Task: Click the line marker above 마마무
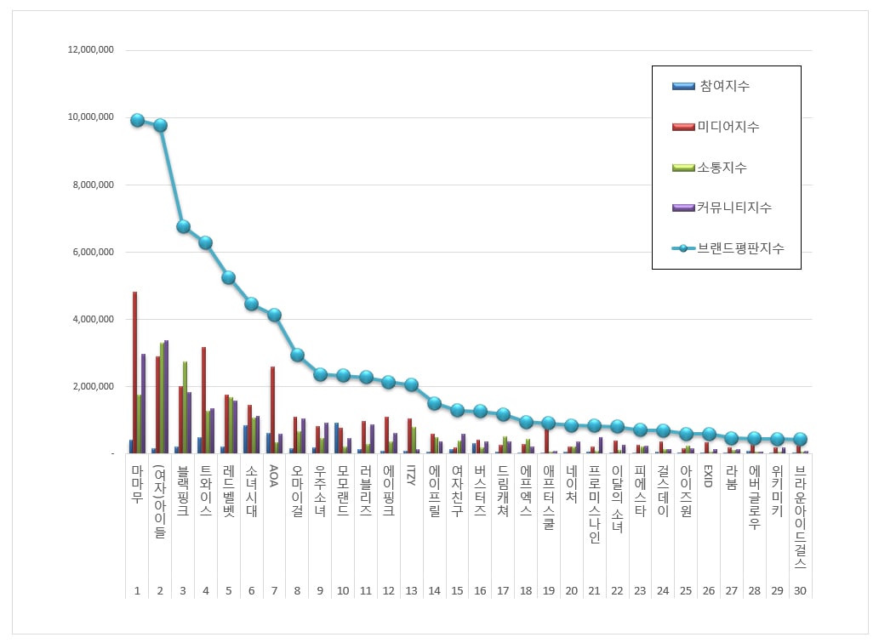pos(137,120)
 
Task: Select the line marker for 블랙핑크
pos(183,226)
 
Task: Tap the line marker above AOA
pos(274,315)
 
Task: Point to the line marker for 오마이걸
pos(297,355)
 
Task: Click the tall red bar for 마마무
pos(134,373)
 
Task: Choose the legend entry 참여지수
pos(724,86)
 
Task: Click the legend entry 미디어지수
pos(728,127)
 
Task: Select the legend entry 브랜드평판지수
pos(740,248)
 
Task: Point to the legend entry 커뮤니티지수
pos(734,208)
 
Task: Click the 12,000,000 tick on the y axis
pos(91,50)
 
